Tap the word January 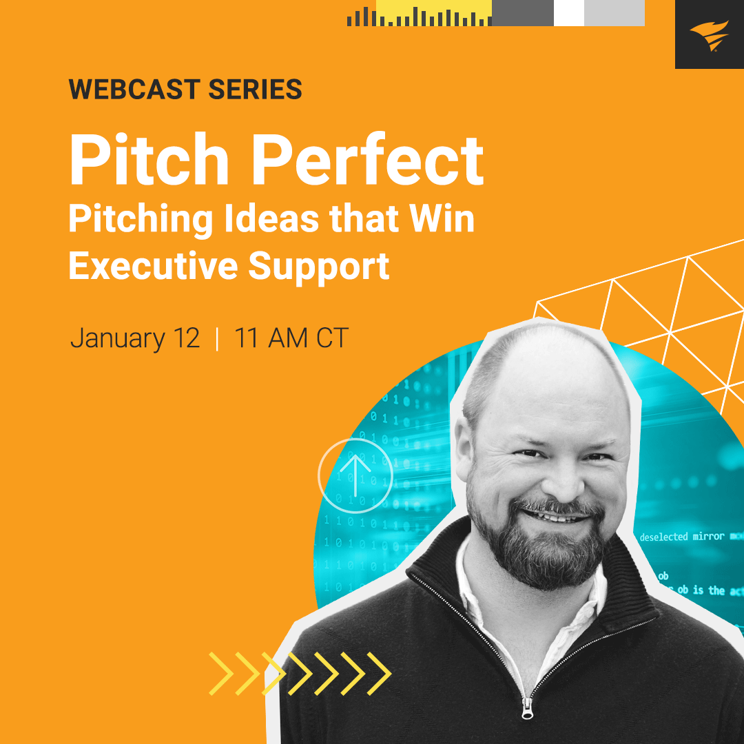pyautogui.click(x=118, y=338)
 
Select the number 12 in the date pyautogui.click(x=185, y=338)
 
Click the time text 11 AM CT pyautogui.click(x=291, y=338)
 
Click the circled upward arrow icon pyautogui.click(x=355, y=475)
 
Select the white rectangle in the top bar pyautogui.click(x=568, y=13)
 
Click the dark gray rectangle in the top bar pyautogui.click(x=523, y=13)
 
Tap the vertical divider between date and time pyautogui.click(x=217, y=338)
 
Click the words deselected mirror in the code pyautogui.click(x=682, y=537)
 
